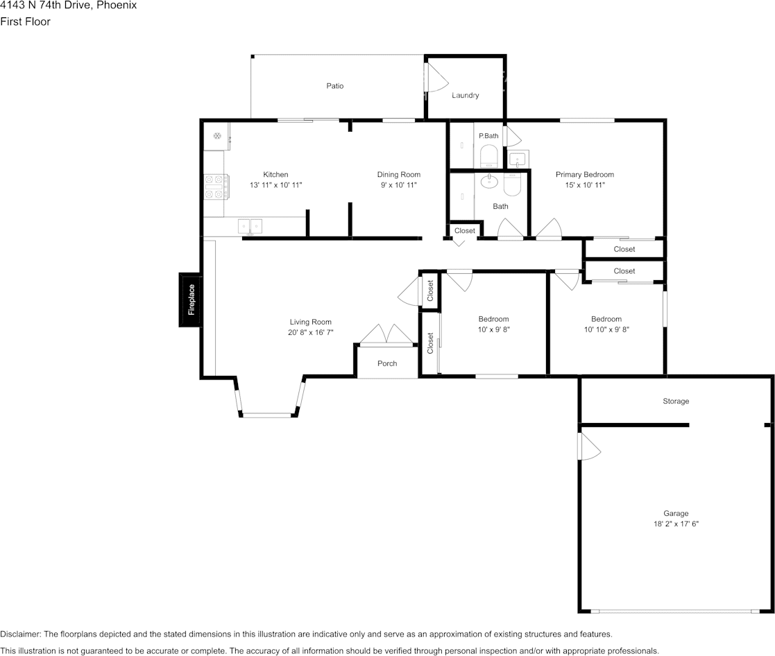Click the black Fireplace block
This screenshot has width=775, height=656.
(190, 300)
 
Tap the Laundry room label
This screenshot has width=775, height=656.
(465, 95)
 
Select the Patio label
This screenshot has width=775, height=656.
(334, 86)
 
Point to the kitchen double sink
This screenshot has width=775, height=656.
(250, 226)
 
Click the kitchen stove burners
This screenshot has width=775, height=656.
(216, 187)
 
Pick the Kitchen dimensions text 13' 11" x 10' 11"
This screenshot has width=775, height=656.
(276, 185)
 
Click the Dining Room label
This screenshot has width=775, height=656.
(399, 174)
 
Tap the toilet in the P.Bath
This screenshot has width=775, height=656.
(489, 156)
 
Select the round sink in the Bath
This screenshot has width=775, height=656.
(489, 181)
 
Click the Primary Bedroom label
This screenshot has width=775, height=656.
(585, 174)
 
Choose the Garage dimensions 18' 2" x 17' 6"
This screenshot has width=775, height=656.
(676, 524)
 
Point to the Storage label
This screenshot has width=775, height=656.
(676, 401)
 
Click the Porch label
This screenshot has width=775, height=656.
(387, 363)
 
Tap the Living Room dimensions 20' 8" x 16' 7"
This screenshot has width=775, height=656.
(310, 332)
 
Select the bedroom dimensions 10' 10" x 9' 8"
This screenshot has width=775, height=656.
(606, 329)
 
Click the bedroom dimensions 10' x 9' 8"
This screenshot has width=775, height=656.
(494, 329)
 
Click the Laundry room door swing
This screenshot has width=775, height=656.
(437, 77)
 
